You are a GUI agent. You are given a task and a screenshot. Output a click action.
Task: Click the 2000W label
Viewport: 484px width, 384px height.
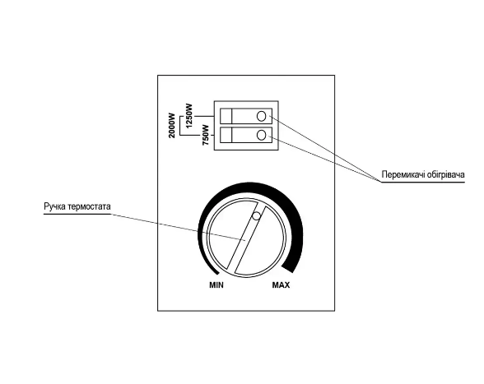point(172,126)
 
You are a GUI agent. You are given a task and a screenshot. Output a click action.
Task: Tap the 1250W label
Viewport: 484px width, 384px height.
point(188,116)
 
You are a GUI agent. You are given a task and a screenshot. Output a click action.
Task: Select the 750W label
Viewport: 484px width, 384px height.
point(206,135)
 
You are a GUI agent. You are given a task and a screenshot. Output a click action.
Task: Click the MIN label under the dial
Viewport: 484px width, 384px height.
point(216,285)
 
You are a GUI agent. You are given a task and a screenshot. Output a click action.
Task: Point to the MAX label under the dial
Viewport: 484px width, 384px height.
point(281,285)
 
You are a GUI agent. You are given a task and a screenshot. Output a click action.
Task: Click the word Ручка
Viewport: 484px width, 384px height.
point(55,206)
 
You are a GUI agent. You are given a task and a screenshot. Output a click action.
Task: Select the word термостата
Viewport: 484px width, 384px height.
point(89,206)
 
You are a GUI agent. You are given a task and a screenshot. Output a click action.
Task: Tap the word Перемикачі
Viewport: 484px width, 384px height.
point(403,174)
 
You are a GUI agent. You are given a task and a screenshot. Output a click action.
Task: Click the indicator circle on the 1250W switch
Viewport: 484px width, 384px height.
point(261,116)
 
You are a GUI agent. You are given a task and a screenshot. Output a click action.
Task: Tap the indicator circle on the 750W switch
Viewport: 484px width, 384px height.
point(261,135)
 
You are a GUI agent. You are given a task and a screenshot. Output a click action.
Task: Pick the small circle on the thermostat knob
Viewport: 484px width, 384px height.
point(256,216)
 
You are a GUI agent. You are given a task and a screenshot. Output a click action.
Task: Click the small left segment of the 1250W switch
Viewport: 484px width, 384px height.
point(226,116)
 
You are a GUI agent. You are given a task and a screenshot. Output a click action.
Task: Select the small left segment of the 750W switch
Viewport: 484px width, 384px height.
point(226,135)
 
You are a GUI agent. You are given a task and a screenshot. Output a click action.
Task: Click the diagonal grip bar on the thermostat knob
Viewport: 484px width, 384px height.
point(246,238)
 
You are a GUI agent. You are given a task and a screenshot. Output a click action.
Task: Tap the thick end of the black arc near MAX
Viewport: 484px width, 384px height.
point(288,268)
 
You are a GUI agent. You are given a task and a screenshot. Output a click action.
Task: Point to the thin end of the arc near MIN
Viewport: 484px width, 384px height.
point(216,273)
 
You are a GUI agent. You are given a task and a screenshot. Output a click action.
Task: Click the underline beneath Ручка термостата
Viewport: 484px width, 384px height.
point(77,214)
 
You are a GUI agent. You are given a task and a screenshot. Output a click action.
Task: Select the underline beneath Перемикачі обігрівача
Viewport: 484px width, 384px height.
point(422,182)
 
